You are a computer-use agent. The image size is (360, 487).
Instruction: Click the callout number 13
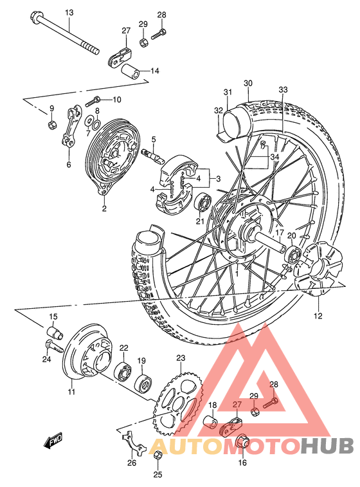(x=69, y=13)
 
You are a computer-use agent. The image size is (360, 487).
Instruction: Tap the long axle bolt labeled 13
(x=64, y=34)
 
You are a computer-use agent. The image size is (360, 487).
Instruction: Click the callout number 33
(x=283, y=90)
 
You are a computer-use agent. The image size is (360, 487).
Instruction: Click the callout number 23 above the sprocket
(x=181, y=358)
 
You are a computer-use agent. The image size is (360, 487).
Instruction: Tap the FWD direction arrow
(x=51, y=442)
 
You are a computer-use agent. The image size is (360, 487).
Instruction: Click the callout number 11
(x=71, y=391)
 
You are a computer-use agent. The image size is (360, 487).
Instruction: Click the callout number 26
(x=132, y=462)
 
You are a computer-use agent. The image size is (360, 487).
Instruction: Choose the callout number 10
(x=116, y=99)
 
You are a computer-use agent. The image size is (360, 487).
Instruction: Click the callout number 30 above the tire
(x=248, y=83)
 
